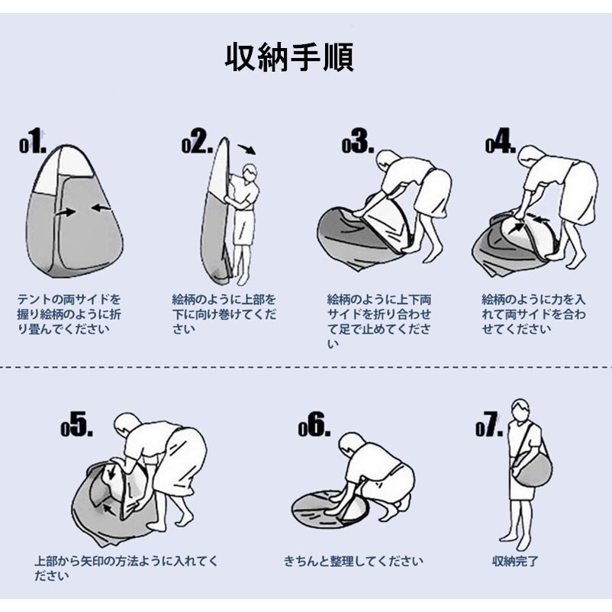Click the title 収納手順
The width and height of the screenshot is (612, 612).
click(x=289, y=57)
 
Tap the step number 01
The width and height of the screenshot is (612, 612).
click(x=33, y=141)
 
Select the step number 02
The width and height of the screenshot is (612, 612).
click(x=198, y=141)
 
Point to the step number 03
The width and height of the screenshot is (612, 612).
click(x=358, y=141)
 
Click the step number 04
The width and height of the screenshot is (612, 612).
click(x=501, y=141)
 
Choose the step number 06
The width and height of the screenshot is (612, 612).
click(x=314, y=424)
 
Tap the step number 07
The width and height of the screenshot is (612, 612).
click(x=489, y=424)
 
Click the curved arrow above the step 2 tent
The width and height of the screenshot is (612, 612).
click(x=246, y=150)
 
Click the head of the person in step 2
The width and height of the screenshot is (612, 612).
click(x=250, y=172)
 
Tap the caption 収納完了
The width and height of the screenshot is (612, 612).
click(x=516, y=562)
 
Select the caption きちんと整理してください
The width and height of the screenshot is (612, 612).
click(x=353, y=562)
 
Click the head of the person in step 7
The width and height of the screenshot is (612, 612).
click(x=520, y=410)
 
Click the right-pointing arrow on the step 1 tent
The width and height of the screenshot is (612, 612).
click(x=66, y=213)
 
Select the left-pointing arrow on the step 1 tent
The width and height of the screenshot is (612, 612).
click(x=101, y=208)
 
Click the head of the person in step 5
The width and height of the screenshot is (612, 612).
click(x=128, y=425)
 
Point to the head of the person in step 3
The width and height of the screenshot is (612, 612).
click(x=388, y=160)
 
